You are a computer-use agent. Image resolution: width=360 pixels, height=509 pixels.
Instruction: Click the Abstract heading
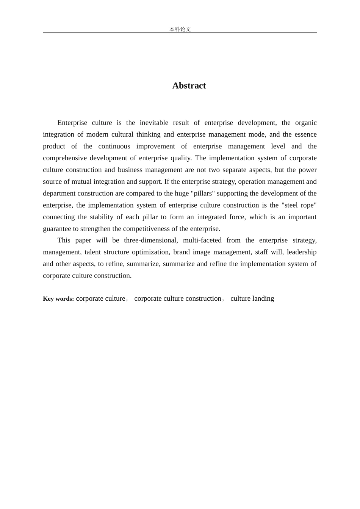[189, 86]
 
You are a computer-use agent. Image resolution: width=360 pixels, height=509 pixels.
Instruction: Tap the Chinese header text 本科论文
[180, 29]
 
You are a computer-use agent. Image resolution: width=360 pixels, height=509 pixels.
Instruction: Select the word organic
[306, 123]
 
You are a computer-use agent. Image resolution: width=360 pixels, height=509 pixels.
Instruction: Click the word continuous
[114, 146]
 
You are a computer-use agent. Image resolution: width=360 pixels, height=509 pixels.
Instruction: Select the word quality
[180, 158]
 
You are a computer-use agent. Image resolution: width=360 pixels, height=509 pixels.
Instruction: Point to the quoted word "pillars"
[203, 193]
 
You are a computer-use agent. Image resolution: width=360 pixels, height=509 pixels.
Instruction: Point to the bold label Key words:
[58, 299]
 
